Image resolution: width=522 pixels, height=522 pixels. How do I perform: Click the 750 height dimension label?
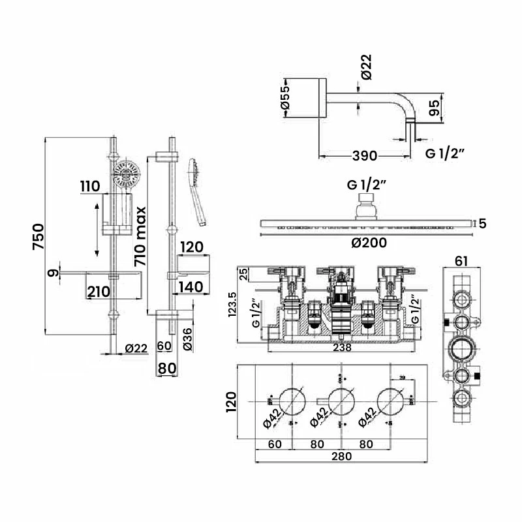coord(38,238)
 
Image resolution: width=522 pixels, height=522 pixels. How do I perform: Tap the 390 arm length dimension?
coord(364,155)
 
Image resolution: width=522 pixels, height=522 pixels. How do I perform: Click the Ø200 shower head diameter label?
coord(369,243)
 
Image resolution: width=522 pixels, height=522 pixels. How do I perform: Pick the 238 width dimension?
coord(342,348)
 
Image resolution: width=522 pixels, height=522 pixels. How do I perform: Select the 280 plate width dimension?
coord(341,456)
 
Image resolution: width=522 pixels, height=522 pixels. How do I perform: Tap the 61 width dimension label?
coord(461,261)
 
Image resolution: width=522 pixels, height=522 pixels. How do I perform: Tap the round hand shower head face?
coord(125,175)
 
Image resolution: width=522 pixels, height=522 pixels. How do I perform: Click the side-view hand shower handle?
coord(198,202)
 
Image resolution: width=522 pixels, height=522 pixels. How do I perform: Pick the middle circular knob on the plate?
coord(340,400)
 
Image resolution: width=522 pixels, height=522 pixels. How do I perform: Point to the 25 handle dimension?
coord(243,272)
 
